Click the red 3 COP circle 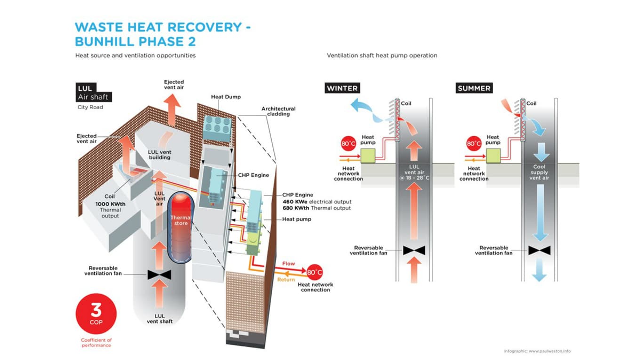coord(96,313)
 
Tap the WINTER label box coord(342,88)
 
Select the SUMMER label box coord(474,88)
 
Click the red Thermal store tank coord(179,221)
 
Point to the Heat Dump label coord(226,97)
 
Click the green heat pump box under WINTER coord(368,155)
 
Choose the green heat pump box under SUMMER coord(493,155)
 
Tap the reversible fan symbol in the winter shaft coord(414,250)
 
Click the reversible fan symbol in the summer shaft coord(539,250)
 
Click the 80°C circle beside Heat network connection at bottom coord(314,272)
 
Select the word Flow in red coord(288,264)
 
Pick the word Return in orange coord(286,280)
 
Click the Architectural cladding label coord(279,112)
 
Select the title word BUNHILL coord(104,41)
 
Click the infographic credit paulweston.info coord(537,351)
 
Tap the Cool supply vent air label coord(539,172)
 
